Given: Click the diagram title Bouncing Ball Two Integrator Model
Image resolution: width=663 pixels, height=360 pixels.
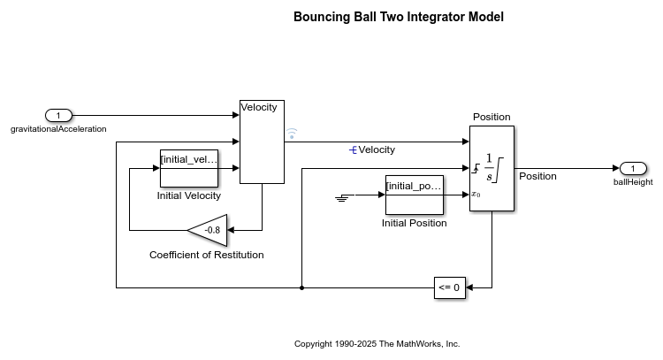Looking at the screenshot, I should pos(399,17).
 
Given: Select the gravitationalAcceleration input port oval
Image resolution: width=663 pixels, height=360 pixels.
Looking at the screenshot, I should pos(58,115).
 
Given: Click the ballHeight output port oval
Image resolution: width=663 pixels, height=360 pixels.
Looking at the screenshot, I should pos(633,169).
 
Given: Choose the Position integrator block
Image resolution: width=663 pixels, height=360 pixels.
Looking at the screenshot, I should pos(492,168).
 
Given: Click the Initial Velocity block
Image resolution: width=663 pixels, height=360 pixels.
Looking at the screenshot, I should pos(188,168).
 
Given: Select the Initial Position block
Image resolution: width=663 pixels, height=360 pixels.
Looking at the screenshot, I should pos(414,195).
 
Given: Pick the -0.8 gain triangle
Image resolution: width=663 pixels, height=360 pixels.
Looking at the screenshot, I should pos(210,230).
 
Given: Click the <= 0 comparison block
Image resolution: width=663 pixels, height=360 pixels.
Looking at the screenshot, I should pos(449,287).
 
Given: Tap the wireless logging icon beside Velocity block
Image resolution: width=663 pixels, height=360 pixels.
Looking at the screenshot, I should pos(292,134).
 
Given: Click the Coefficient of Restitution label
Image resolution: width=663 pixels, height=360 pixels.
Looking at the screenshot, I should pos(206,255).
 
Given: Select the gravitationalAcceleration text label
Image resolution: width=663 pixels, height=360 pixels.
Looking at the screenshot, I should pos(58,129).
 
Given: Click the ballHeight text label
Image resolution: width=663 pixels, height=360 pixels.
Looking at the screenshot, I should pos(633,182).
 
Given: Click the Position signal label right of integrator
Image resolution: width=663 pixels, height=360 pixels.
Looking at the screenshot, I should pos(537,176).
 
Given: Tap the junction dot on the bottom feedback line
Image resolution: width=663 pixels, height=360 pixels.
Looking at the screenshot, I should pos(302,287).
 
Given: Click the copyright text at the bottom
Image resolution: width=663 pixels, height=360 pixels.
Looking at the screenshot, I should pos(377,343).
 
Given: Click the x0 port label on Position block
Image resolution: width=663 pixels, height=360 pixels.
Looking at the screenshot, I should pos(476,194).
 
